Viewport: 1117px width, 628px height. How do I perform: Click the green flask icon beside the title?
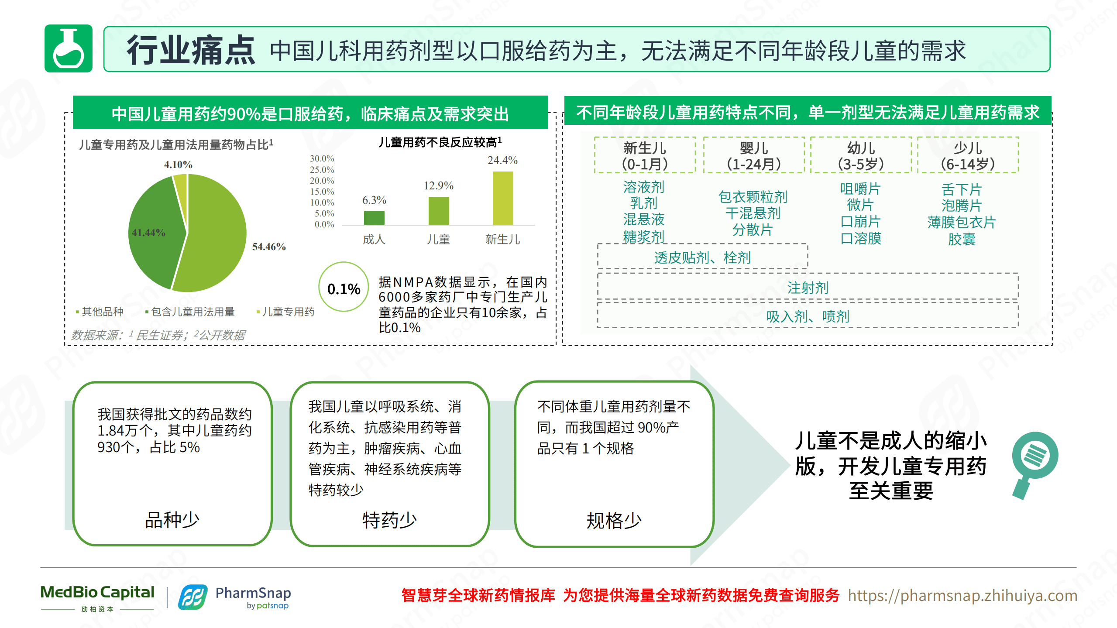[x=69, y=48]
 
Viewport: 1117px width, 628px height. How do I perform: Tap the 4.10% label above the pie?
[x=178, y=165]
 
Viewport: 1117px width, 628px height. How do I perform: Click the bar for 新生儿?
[x=503, y=198]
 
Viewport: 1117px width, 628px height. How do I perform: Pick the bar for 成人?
[x=374, y=218]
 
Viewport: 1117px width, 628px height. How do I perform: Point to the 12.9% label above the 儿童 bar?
[x=438, y=185]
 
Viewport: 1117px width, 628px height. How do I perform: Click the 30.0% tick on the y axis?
[x=322, y=158]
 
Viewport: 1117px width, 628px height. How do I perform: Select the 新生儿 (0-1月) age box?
[x=645, y=155]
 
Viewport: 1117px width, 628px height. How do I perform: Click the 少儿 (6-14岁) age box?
[x=968, y=155]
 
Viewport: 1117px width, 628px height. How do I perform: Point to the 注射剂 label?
[x=808, y=288]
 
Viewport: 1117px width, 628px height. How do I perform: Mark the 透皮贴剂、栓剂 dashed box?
[x=702, y=257]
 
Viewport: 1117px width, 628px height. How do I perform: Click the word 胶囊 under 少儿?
[x=962, y=239]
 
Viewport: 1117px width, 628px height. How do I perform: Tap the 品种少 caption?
[x=172, y=520]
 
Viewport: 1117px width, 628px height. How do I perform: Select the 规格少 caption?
[x=614, y=520]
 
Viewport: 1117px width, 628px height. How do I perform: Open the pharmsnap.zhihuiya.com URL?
[x=962, y=595]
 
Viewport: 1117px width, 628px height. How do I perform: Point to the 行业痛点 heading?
[x=191, y=51]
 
